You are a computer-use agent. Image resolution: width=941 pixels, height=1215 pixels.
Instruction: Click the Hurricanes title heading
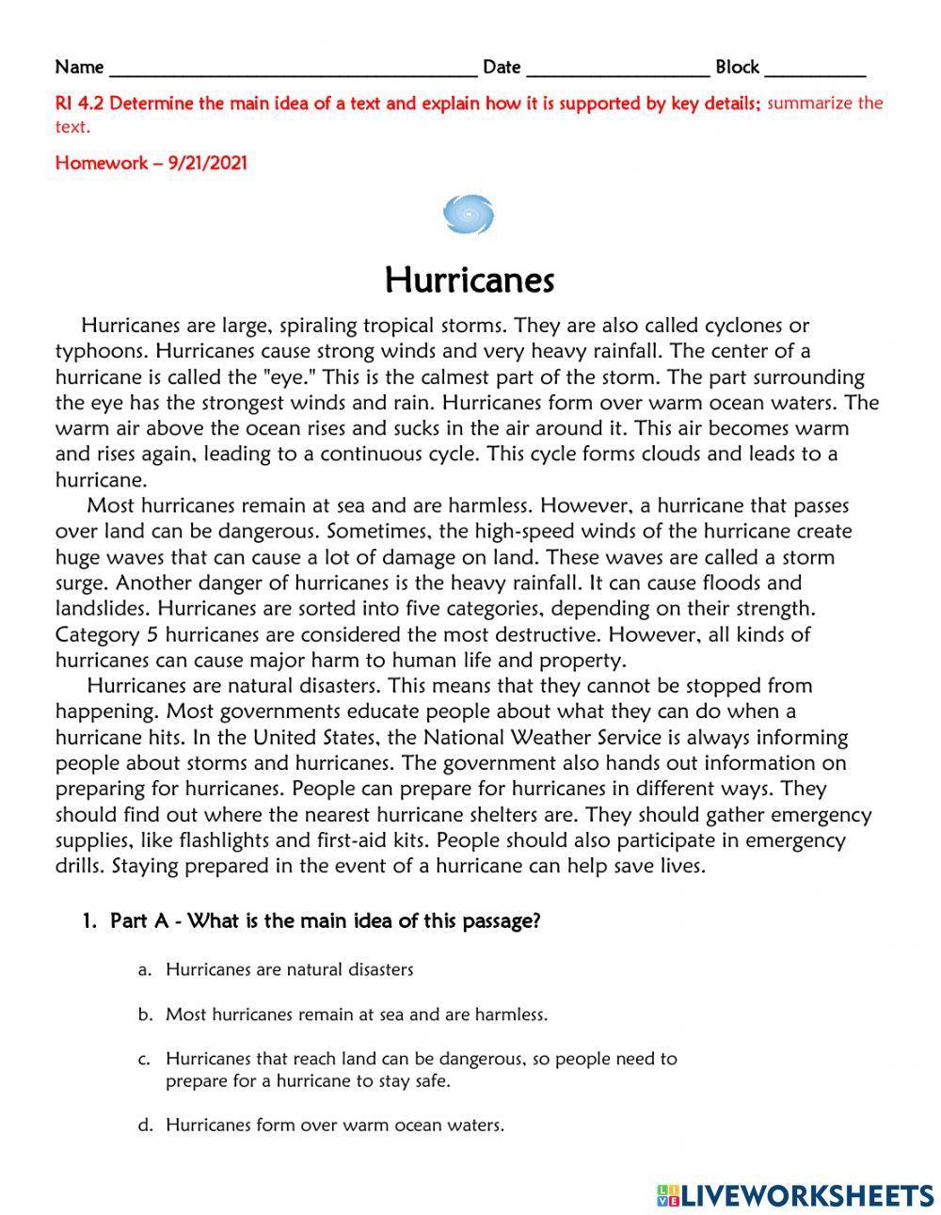pyautogui.click(x=470, y=280)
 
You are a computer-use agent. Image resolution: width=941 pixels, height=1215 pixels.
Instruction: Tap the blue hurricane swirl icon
pyautogui.click(x=468, y=215)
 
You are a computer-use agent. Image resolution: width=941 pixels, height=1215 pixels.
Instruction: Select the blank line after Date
pyautogui.click(x=617, y=69)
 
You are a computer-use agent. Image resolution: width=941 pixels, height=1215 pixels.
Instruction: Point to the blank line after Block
pyautogui.click(x=815, y=69)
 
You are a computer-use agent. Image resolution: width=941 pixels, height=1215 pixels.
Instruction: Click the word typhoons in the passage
pyautogui.click(x=102, y=352)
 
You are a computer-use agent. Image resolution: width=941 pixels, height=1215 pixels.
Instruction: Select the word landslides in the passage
pyautogui.click(x=99, y=608)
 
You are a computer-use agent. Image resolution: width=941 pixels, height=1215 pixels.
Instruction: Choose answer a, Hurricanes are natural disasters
pyautogui.click(x=289, y=968)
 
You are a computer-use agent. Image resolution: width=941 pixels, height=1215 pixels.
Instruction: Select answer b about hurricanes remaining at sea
pyautogui.click(x=356, y=1015)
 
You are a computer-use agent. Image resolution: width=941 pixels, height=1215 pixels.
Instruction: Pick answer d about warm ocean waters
pyautogui.click(x=334, y=1125)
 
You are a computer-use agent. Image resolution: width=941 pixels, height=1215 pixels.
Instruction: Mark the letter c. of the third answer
pyautogui.click(x=144, y=1059)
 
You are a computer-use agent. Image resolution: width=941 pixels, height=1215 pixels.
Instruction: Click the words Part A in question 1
pyautogui.click(x=139, y=920)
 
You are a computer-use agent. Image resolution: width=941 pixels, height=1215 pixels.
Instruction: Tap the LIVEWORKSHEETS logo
pyautogui.click(x=795, y=1195)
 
